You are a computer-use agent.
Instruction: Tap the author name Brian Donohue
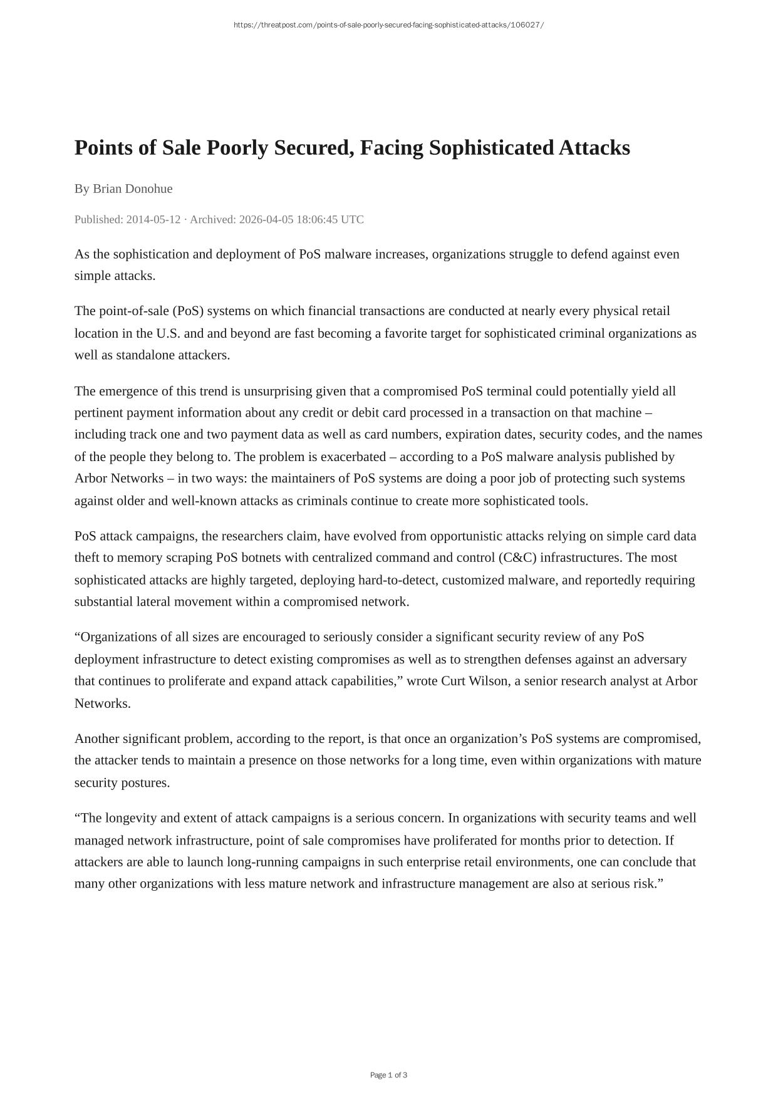[132, 189]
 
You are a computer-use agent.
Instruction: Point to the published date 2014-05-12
[153, 219]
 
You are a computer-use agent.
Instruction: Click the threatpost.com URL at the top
[388, 25]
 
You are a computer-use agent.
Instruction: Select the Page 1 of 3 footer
[388, 1075]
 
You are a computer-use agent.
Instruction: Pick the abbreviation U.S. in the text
[168, 333]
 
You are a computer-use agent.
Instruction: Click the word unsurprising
[277, 392]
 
